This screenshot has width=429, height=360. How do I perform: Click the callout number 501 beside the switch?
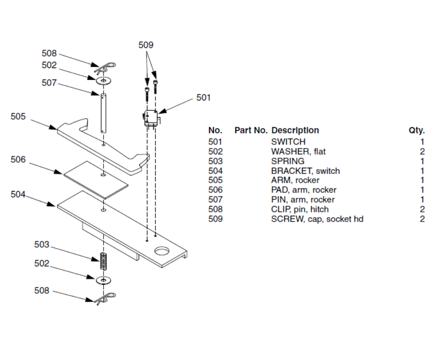(x=204, y=98)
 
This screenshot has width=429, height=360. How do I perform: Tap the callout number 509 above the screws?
(x=146, y=45)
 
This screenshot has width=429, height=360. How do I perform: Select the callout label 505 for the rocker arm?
(x=18, y=116)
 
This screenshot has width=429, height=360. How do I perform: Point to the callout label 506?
(x=18, y=160)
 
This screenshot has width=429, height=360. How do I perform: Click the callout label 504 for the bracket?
(x=18, y=194)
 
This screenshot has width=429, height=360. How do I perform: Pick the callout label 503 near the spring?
(x=42, y=245)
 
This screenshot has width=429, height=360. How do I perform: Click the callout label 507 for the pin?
(x=49, y=83)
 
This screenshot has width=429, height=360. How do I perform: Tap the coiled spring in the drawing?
(x=104, y=262)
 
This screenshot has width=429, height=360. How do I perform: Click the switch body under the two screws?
(x=151, y=118)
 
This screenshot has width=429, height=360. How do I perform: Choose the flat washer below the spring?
(x=104, y=279)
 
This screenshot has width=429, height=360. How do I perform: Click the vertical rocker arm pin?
(x=104, y=112)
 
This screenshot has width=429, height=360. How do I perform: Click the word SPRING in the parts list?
(x=288, y=161)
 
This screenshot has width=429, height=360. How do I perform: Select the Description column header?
(x=295, y=130)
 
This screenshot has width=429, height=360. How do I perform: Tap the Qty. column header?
(x=416, y=130)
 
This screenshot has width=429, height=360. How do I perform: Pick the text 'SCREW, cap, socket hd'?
(x=317, y=219)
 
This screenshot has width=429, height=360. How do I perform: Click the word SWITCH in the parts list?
(x=288, y=142)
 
